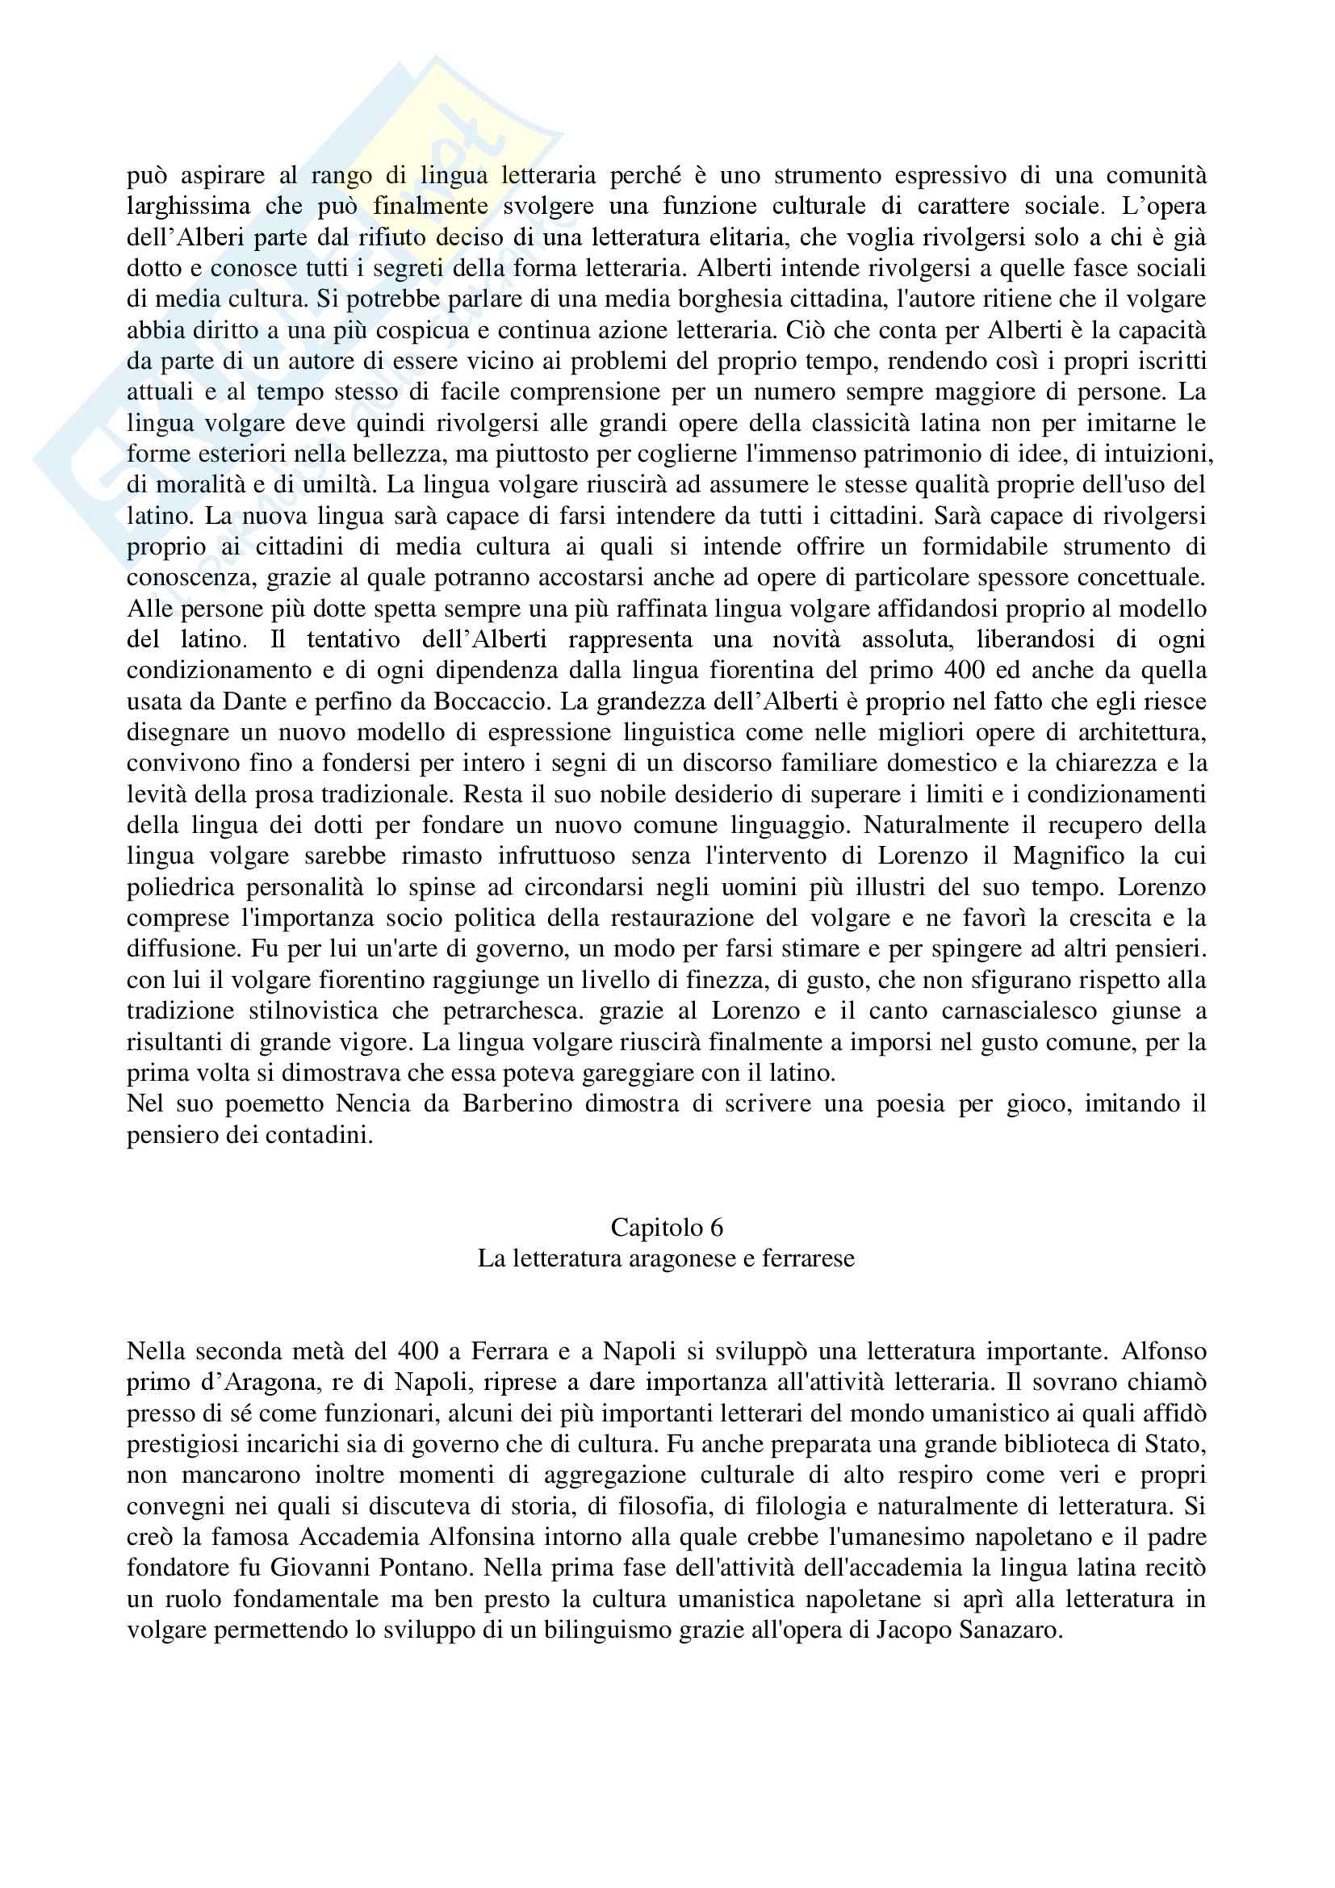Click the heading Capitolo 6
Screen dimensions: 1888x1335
(667, 1250)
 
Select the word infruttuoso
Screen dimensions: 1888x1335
(555, 856)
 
